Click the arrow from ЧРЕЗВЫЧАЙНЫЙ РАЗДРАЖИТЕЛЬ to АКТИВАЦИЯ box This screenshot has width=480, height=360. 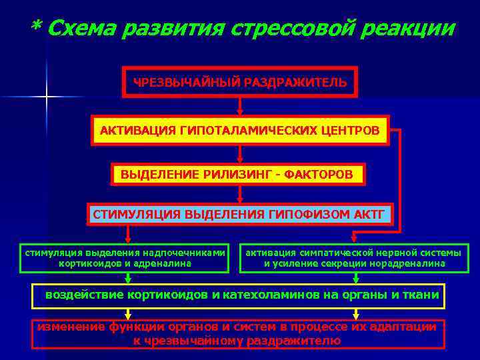tap(240, 106)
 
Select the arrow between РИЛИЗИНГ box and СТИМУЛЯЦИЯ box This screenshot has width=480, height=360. tap(240, 194)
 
